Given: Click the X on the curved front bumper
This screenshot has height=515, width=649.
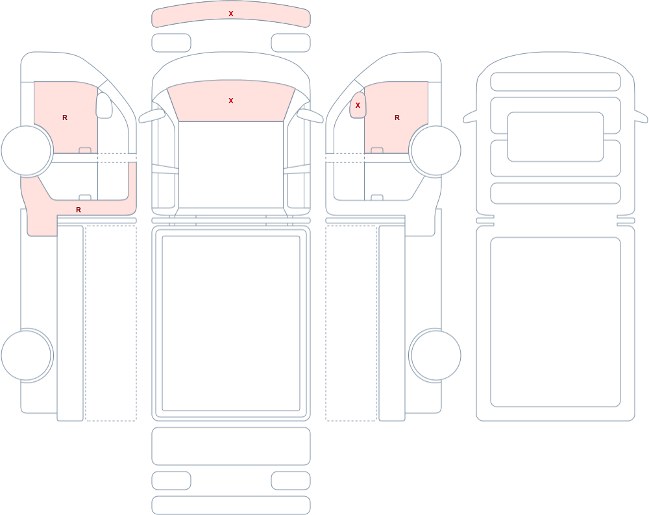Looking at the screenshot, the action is (231, 14).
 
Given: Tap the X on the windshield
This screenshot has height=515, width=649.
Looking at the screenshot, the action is (231, 101).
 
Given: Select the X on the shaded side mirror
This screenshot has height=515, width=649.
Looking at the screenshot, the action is (358, 106).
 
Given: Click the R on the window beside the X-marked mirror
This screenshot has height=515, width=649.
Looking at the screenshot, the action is (397, 118).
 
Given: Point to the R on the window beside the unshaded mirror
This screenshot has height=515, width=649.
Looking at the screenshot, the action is (64, 118).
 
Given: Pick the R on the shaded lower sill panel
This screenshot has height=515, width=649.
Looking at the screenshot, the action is (79, 210).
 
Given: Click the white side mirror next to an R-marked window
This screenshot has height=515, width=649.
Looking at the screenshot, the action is (104, 105).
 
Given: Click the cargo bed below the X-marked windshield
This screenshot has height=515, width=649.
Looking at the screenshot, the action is (231, 323).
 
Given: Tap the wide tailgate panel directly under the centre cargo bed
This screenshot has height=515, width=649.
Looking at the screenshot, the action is (231, 446).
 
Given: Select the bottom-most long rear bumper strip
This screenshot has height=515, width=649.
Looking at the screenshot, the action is (231, 505).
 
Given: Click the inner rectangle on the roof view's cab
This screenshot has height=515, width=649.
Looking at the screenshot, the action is (556, 137).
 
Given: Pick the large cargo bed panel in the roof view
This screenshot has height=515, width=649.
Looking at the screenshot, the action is (556, 322).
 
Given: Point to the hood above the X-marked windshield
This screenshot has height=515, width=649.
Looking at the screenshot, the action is (231, 66).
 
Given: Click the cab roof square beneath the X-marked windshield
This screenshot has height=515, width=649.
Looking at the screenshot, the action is (231, 164).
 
